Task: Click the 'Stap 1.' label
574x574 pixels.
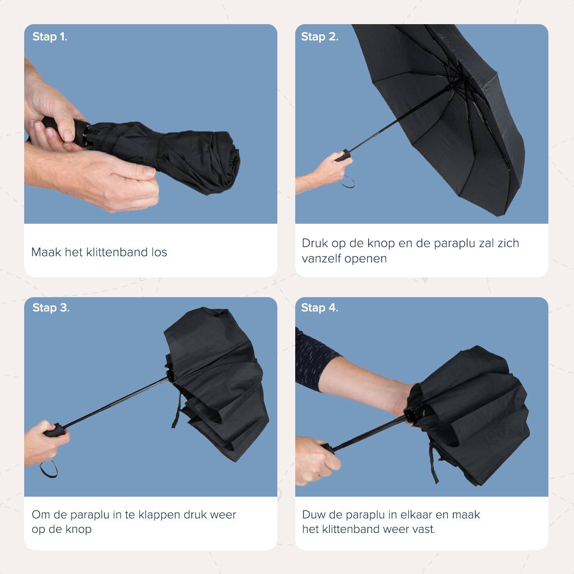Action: [50, 37]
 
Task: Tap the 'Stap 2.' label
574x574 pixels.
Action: [319, 37]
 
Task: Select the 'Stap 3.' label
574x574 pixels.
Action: [51, 307]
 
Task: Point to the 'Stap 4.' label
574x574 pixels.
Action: [319, 307]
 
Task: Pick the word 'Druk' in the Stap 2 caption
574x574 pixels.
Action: [315, 243]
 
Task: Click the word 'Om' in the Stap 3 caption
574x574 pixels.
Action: [41, 515]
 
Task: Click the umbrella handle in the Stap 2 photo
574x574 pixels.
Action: [343, 156]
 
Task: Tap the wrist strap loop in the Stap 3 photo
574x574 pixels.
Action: [49, 469]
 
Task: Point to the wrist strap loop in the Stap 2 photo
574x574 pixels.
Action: [348, 182]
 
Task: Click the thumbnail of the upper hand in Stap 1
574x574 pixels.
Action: [69, 136]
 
